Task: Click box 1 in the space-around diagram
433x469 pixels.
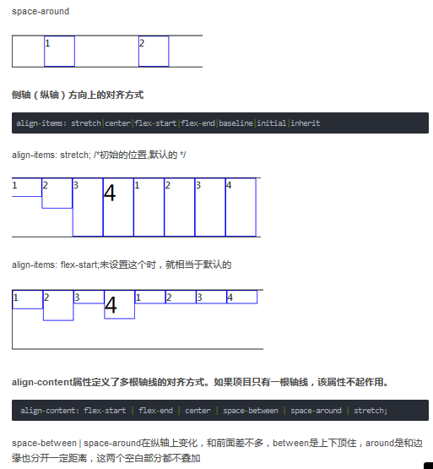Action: (59, 51)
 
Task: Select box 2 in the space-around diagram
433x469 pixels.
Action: (154, 51)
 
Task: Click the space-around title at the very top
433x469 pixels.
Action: (41, 11)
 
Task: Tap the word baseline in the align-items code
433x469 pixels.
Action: (235, 123)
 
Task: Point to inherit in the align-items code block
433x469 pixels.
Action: (306, 123)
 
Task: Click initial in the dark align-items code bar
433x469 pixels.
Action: (272, 123)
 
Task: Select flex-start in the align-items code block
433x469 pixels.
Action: (155, 123)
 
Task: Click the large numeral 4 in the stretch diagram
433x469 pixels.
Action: (110, 194)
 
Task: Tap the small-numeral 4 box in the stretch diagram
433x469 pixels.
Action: (241, 207)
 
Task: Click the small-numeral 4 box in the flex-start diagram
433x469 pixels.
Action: (241, 297)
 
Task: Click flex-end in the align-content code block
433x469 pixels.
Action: (155, 411)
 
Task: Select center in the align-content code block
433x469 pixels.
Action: (198, 411)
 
